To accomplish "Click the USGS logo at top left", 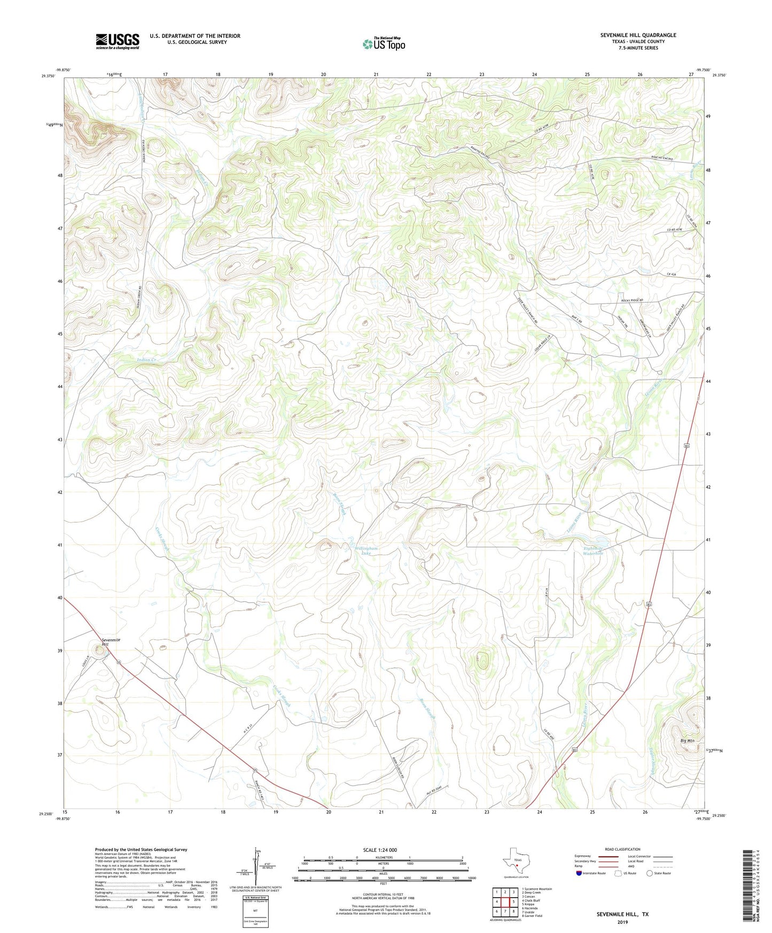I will [118, 41].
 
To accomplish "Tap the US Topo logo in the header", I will [384, 44].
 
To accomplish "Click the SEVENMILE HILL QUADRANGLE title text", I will [638, 35].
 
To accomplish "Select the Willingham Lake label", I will [365, 551].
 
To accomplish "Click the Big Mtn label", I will [687, 741].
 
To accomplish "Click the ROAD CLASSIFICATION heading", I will [622, 849].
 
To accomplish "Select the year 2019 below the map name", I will [622, 922].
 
